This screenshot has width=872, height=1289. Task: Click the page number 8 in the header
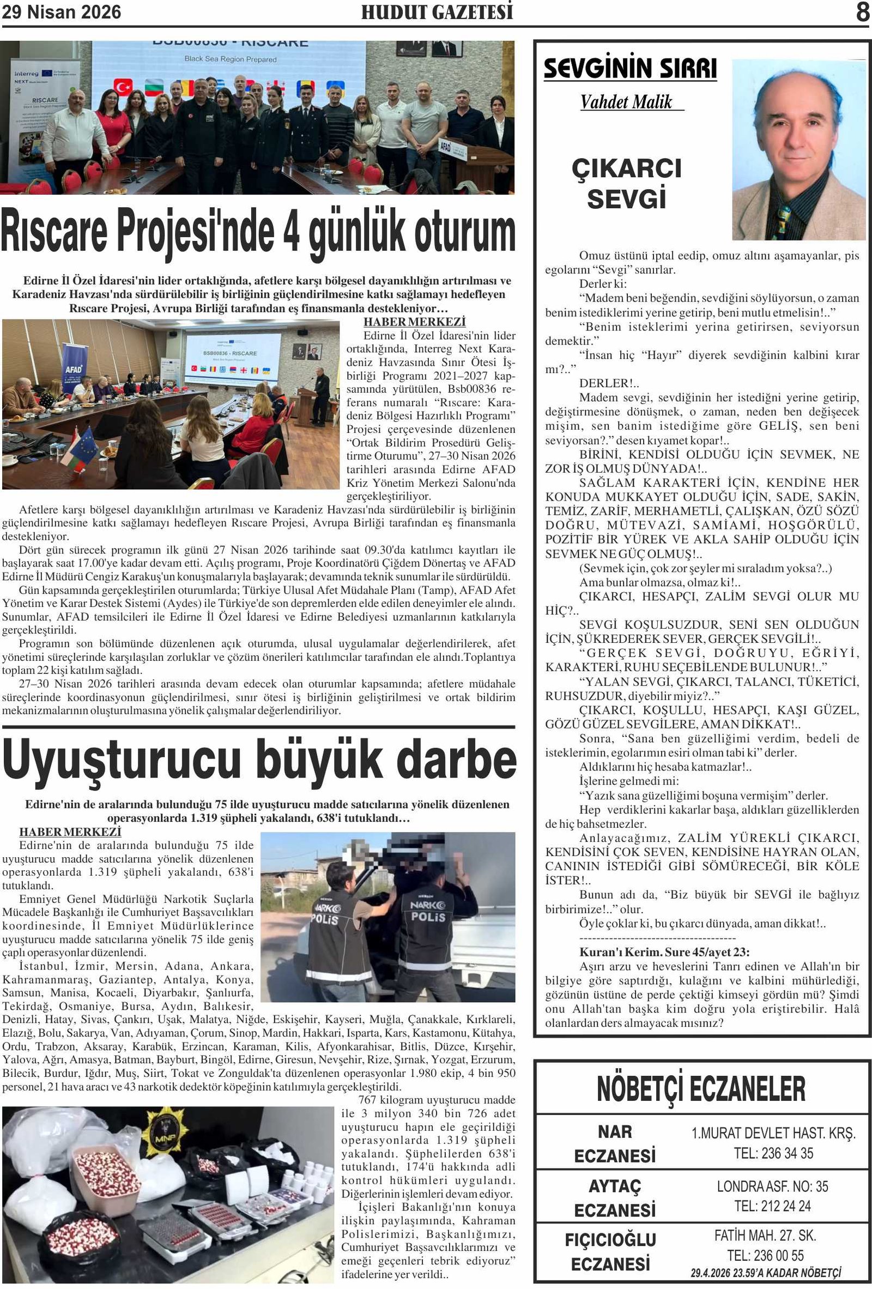[x=862, y=12]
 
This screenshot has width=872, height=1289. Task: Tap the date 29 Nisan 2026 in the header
[x=62, y=12]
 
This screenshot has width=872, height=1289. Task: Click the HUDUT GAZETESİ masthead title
[x=437, y=12]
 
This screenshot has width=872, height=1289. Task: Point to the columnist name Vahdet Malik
[x=626, y=102]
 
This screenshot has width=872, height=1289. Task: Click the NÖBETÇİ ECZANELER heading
[x=701, y=1088]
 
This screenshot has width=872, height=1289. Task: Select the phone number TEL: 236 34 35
[x=773, y=1153]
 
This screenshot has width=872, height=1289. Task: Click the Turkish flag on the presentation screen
[x=123, y=86]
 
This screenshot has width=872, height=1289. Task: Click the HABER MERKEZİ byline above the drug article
[x=70, y=832]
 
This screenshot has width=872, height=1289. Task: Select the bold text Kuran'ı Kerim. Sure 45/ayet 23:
[x=664, y=952]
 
